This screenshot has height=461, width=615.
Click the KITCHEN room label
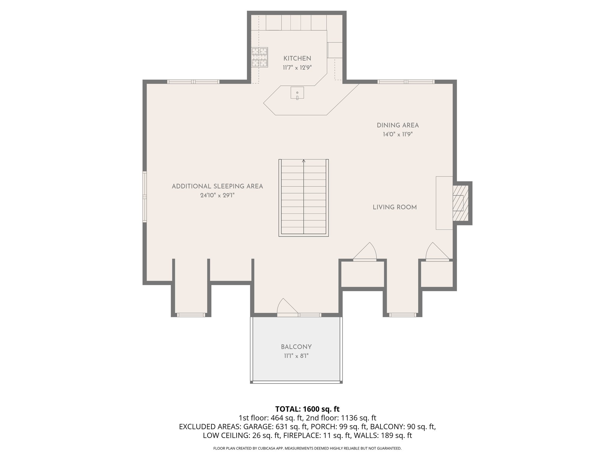click(x=297, y=59)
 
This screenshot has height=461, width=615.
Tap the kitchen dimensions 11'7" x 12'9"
click(x=297, y=68)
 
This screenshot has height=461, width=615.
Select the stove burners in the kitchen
click(x=260, y=57)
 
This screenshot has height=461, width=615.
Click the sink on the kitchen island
click(x=297, y=93)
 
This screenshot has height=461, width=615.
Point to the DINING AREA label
click(x=398, y=125)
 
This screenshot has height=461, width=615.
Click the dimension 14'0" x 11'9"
click(x=398, y=134)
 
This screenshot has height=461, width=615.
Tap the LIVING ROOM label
click(x=395, y=207)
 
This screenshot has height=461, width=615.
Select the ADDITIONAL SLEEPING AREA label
click(x=217, y=186)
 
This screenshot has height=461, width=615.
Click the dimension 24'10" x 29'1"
click(x=217, y=195)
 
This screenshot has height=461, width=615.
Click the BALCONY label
click(x=296, y=347)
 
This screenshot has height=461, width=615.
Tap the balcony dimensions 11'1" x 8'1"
click(x=296, y=356)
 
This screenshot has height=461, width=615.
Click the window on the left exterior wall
click(x=145, y=197)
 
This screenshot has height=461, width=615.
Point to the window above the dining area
click(x=406, y=82)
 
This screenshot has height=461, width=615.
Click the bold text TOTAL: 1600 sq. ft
click(x=307, y=409)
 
